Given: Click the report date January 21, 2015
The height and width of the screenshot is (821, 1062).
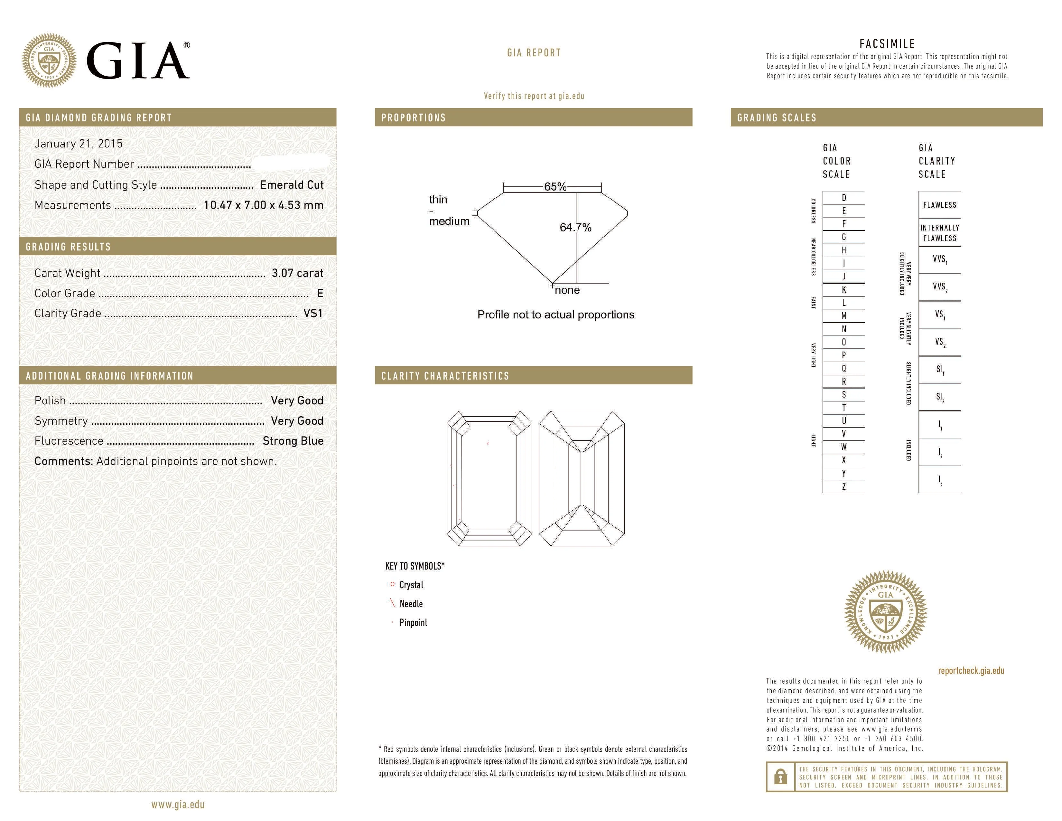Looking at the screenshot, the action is coord(78,144).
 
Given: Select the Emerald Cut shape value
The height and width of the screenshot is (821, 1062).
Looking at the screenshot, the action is coord(292,185).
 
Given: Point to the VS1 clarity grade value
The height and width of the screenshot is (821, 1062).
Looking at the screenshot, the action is coord(313,313).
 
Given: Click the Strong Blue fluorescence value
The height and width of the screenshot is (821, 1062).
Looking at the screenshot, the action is coord(293,441).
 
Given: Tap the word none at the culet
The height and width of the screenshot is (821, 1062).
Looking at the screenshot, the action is coord(567,290).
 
